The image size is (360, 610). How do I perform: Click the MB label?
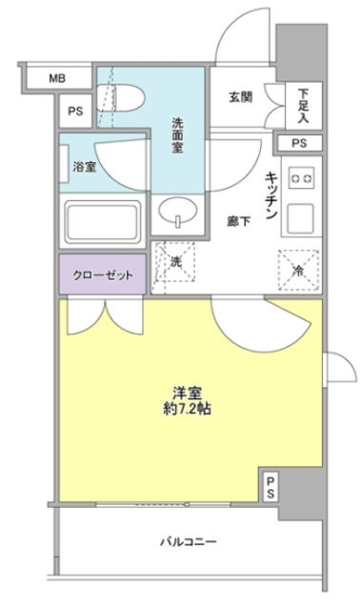(x=56, y=78)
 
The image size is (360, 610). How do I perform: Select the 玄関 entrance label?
(x=241, y=96)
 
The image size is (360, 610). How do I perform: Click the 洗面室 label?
(x=178, y=134)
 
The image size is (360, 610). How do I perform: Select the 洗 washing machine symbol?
(x=176, y=259)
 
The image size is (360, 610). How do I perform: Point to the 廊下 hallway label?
(x=239, y=220)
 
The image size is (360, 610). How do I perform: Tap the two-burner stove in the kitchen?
(x=302, y=178)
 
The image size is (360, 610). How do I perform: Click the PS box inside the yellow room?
(x=270, y=487)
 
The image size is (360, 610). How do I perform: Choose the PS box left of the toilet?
(x=76, y=112)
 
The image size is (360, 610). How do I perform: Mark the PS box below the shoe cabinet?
(x=300, y=144)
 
